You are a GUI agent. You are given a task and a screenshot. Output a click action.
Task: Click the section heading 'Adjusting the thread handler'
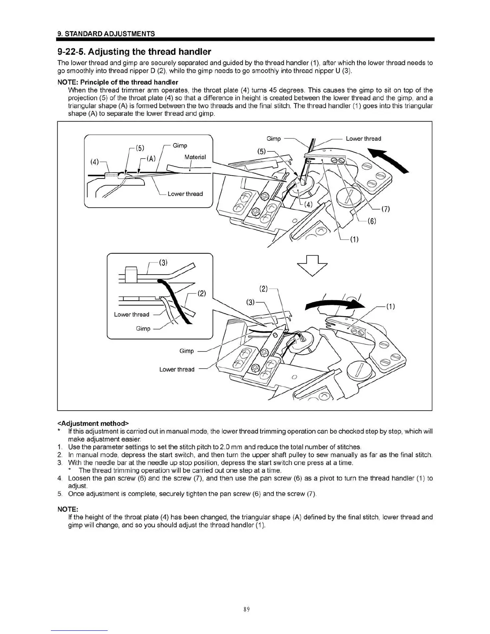134,52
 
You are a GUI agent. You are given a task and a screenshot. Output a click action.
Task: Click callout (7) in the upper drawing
386,209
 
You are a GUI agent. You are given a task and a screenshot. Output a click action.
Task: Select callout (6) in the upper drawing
372,221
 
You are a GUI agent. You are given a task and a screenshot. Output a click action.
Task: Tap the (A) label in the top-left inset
151,158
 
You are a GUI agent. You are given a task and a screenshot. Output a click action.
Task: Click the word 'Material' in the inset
195,157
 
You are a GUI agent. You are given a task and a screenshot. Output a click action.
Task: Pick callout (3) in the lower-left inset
163,263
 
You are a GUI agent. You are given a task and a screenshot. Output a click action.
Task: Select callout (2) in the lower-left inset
201,293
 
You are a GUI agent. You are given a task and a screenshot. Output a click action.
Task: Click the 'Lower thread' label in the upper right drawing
363,138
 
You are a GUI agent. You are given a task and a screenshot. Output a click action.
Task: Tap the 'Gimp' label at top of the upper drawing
273,138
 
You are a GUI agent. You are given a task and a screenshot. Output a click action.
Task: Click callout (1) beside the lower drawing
390,307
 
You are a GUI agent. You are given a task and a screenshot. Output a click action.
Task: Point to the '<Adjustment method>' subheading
93,423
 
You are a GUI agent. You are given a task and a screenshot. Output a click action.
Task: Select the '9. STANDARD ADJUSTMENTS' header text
106,34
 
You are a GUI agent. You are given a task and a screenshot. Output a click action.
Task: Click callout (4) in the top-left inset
94,162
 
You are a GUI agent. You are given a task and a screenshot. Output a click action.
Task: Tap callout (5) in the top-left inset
140,148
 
